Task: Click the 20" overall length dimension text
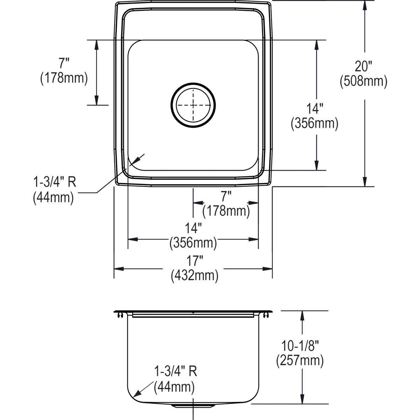tap(363, 66)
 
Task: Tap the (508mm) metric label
tap(363, 82)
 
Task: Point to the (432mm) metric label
tap(195, 276)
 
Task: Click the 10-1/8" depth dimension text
tap(300, 345)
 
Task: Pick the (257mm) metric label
tap(300, 360)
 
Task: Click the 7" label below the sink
tap(226, 196)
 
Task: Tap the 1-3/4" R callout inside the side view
tap(176, 371)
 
